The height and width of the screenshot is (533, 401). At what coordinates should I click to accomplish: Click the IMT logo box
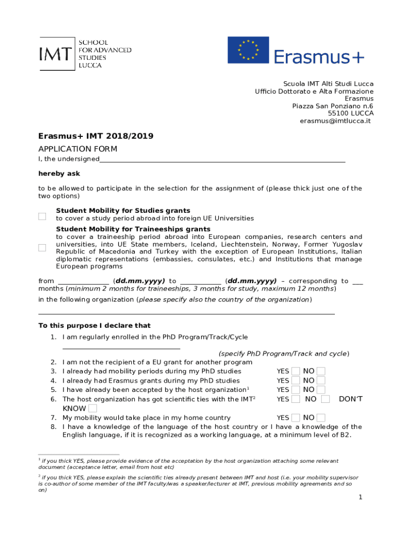[x=57, y=54]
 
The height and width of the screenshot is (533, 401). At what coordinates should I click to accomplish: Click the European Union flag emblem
[x=248, y=50]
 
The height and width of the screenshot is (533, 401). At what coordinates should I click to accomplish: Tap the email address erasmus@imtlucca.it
[x=335, y=121]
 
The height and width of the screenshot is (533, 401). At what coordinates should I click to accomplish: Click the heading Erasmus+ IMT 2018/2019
[x=96, y=136]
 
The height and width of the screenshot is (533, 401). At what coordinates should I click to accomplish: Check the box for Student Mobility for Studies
[x=42, y=217]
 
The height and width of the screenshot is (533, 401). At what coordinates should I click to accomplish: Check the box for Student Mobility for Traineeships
[x=42, y=248]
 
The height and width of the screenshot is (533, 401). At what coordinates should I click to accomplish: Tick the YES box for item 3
[x=296, y=371]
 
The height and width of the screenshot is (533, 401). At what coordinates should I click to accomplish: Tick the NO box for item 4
[x=321, y=380]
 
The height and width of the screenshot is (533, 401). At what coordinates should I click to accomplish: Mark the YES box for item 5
[x=296, y=390]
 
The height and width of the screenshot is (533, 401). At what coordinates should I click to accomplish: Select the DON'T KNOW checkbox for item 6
[x=93, y=409]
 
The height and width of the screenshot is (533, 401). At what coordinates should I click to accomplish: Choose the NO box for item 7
[x=321, y=418]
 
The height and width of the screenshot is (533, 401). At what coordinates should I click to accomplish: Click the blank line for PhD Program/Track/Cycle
[x=121, y=346]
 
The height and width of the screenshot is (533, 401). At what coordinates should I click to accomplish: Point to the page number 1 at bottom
[x=360, y=498]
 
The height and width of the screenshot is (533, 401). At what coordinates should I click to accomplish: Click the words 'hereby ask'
[x=59, y=173]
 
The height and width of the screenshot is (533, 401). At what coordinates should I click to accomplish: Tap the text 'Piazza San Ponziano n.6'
[x=333, y=106]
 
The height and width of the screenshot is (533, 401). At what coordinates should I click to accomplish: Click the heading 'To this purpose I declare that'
[x=95, y=326]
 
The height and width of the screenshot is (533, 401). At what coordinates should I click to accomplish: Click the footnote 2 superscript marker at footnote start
[x=40, y=476]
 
